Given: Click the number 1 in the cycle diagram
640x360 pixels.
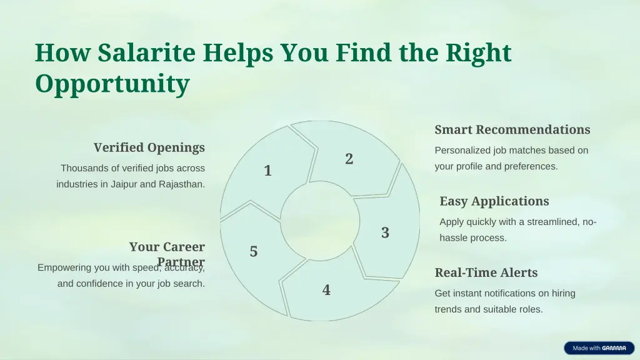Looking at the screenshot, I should coord(267,171).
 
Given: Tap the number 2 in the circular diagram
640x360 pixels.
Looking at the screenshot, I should coord(349,159).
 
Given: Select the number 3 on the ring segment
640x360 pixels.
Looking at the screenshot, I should coord(385,232).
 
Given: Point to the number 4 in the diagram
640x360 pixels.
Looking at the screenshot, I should coord(326,289).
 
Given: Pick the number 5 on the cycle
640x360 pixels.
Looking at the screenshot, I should coord(253,251).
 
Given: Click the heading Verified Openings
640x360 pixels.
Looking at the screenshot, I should coord(149,147).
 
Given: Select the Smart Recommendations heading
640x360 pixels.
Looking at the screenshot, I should coord(512,129).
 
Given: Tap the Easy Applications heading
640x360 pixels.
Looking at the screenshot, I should coord(494,201).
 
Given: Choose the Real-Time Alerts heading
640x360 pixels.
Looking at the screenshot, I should coord(486,272).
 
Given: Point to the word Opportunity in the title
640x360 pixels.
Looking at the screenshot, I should coord(112,83).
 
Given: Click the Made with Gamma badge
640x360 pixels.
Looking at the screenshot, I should coord(599,348).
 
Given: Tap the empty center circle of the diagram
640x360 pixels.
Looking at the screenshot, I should coord(319,220).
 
